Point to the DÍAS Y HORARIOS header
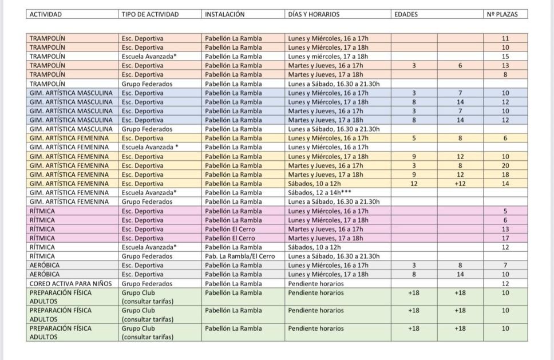314,14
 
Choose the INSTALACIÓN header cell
225,14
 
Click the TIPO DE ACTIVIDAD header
151,14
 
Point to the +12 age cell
460,184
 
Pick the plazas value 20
505,165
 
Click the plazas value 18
505,175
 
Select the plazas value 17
505,238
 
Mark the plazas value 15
505,57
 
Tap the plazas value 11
505,38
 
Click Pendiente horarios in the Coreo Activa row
316,283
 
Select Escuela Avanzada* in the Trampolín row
149,57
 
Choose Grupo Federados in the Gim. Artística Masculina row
147,129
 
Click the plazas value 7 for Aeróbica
505,266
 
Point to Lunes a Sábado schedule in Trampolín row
334,84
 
